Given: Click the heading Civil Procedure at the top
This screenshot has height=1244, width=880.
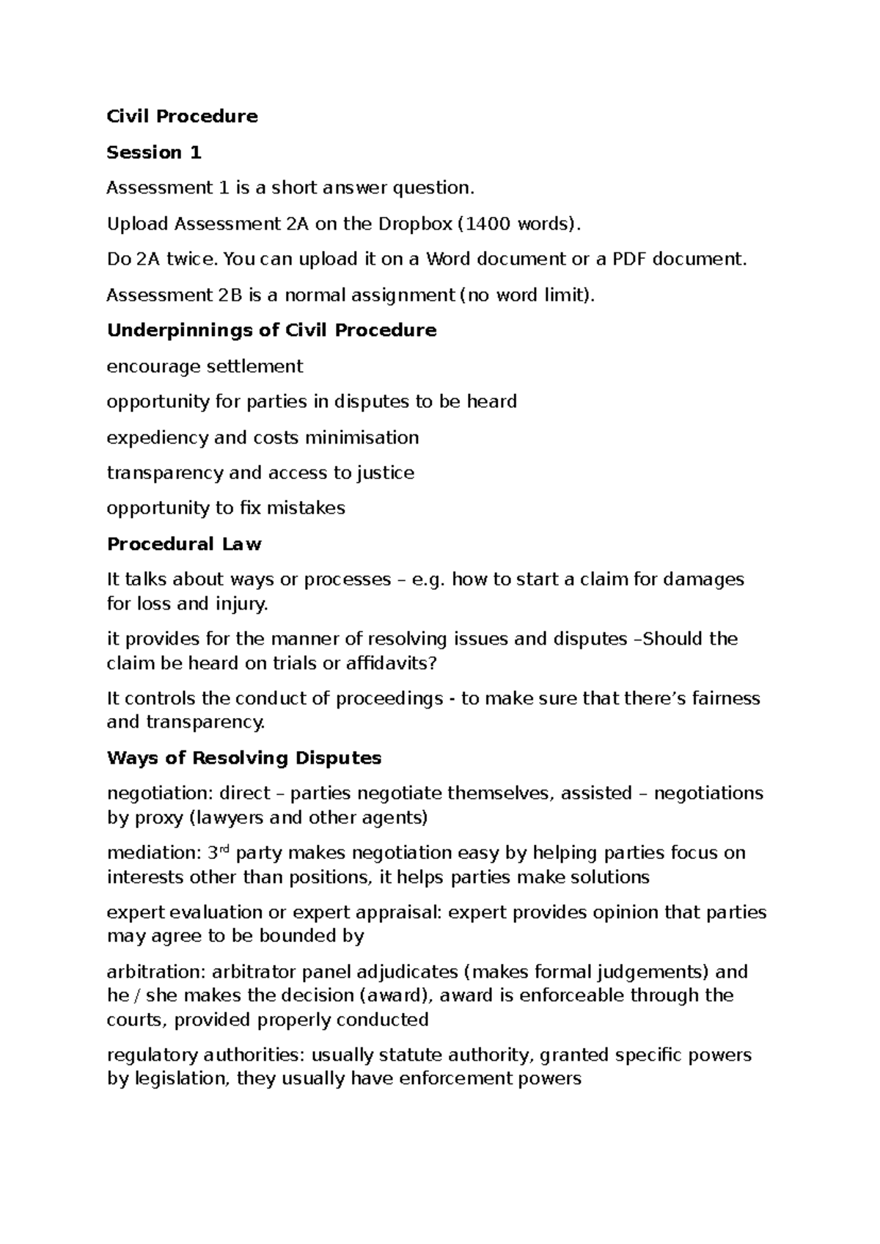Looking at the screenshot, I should click(x=182, y=117).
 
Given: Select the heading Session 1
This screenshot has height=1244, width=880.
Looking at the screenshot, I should click(x=153, y=153).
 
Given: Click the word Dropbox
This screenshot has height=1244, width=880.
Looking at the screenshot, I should click(x=415, y=224).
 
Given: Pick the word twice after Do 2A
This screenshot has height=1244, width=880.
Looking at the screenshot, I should click(x=194, y=259).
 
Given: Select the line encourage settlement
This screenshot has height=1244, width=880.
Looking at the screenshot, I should click(x=205, y=366).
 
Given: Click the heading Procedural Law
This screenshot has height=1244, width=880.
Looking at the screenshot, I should click(x=184, y=544).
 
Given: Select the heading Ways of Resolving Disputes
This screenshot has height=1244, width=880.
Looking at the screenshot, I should click(x=244, y=758).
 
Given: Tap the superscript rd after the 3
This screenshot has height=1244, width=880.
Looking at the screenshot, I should click(x=224, y=849).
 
